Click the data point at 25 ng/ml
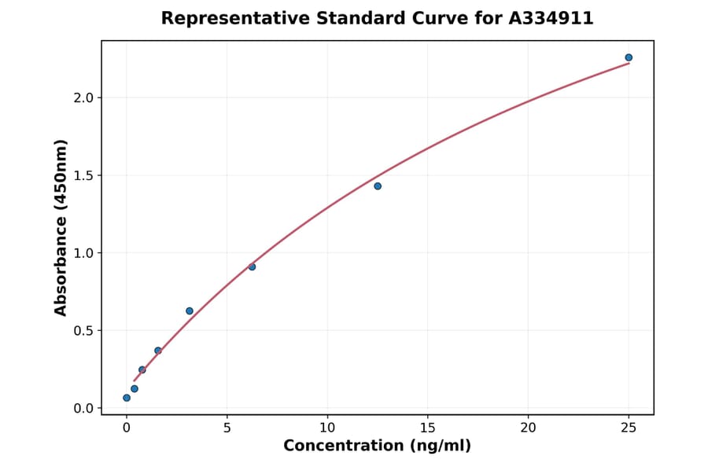click(629, 57)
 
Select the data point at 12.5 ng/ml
click(378, 186)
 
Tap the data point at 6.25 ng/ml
click(252, 267)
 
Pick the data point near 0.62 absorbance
click(190, 311)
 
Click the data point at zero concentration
click(127, 398)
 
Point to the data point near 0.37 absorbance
click(158, 351)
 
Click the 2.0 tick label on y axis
click(83, 97)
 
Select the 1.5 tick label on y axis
click(83, 175)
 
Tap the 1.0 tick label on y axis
click(83, 253)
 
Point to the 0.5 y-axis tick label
click(83, 330)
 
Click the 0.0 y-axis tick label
click(83, 408)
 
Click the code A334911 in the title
click(551, 18)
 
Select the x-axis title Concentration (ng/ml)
click(378, 447)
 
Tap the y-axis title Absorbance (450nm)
click(61, 227)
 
